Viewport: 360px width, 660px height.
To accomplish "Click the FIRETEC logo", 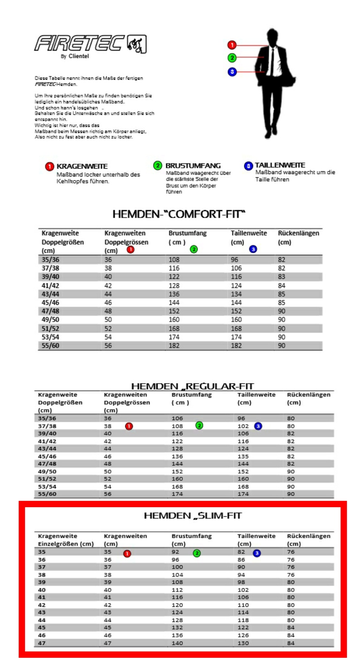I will click(x=90, y=44).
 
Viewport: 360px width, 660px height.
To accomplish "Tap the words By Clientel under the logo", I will click(x=75, y=57).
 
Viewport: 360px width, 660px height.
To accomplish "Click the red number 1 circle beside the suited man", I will click(x=232, y=45).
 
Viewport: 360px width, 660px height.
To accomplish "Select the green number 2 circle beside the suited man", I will click(x=232, y=58).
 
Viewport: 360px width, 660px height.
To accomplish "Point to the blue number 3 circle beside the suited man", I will click(x=232, y=72).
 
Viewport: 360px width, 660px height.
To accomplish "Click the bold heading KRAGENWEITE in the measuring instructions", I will click(x=82, y=166).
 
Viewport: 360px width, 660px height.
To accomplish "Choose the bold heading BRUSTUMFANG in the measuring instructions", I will click(x=193, y=166).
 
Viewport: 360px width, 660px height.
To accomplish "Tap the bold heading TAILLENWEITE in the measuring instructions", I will click(x=280, y=165).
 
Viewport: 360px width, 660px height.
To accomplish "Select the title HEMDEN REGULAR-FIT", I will click(x=192, y=386).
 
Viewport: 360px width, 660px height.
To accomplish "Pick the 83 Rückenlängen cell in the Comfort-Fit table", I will click(x=282, y=277).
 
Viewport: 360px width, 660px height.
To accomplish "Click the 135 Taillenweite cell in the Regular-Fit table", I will click(x=243, y=456).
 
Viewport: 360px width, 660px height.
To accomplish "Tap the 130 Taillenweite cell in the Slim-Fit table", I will click(x=243, y=643).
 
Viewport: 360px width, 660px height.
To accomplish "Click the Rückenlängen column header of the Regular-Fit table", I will click(x=308, y=395).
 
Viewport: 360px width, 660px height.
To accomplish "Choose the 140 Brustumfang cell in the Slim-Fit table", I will click(x=177, y=643).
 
